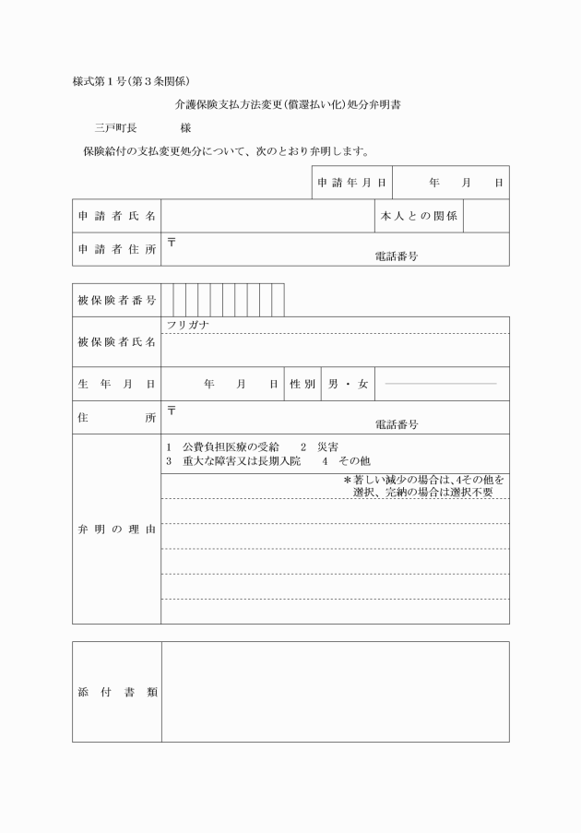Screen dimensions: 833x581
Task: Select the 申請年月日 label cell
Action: coord(351,183)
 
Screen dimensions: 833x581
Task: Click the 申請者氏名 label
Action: coord(116,216)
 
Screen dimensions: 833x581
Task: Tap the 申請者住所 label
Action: coord(116,249)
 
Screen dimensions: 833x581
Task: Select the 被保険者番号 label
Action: coord(116,301)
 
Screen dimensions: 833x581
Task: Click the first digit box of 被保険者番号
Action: coord(167,301)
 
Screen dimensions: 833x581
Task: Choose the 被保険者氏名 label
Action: coord(116,342)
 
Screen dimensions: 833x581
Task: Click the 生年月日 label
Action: coord(116,384)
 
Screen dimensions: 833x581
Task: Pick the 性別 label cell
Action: coord(302,384)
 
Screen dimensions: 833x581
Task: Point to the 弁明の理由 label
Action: coord(116,530)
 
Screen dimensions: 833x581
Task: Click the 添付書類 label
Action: coord(116,692)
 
